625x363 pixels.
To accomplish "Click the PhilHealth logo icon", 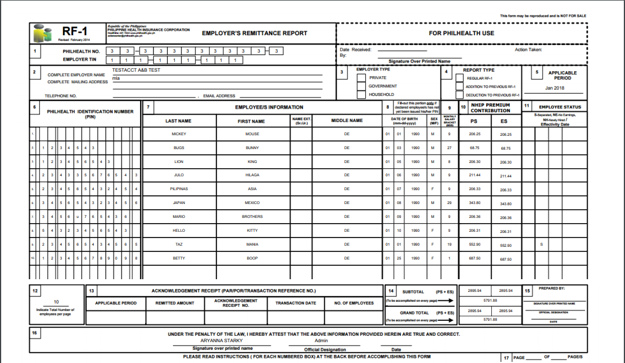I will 40,33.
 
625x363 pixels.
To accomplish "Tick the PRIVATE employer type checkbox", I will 361,77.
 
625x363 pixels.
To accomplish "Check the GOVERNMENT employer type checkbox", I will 361,86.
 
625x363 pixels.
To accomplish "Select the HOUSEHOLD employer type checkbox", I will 361,94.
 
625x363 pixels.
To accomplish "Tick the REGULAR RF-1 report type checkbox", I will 459,77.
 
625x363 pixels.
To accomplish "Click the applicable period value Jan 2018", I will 554,88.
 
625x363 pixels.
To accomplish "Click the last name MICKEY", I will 179,134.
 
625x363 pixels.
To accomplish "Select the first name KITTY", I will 252,231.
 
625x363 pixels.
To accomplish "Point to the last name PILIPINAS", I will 179,189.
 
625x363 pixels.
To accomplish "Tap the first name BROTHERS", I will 252,217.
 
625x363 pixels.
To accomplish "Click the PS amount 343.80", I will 475,203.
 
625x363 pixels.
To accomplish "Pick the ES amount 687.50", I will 506,259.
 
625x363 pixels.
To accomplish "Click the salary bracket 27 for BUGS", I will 449,148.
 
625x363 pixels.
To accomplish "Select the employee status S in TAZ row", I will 541,245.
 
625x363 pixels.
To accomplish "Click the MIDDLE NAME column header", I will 347,121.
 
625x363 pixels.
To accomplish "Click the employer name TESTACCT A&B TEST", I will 136,71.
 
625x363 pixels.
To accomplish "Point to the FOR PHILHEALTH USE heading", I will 461,33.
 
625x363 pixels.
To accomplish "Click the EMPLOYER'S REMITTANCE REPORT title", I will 254,33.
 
